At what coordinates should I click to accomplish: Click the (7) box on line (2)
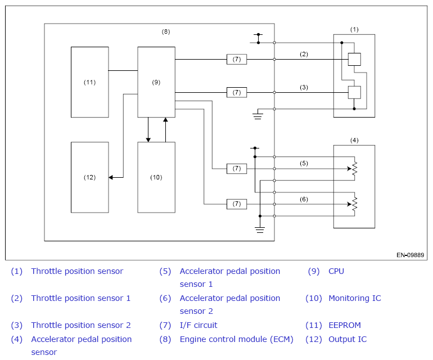(237, 59)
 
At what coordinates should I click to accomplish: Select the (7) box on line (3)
(237, 92)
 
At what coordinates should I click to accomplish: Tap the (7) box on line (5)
(237, 169)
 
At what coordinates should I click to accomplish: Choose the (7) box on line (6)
(237, 204)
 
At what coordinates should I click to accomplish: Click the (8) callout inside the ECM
(166, 31)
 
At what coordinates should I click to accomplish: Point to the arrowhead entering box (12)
(110, 177)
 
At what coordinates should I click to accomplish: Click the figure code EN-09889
(410, 255)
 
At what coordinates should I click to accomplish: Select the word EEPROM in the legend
(345, 325)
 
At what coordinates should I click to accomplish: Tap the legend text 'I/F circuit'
(199, 325)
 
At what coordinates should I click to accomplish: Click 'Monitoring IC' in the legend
(355, 298)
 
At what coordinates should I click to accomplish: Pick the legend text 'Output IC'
(348, 339)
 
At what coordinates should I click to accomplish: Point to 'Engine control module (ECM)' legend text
(236, 339)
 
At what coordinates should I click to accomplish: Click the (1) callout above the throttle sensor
(354, 30)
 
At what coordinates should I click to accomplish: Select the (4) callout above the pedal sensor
(354, 141)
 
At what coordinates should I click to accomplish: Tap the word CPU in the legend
(336, 271)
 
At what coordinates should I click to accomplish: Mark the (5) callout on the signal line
(304, 163)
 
